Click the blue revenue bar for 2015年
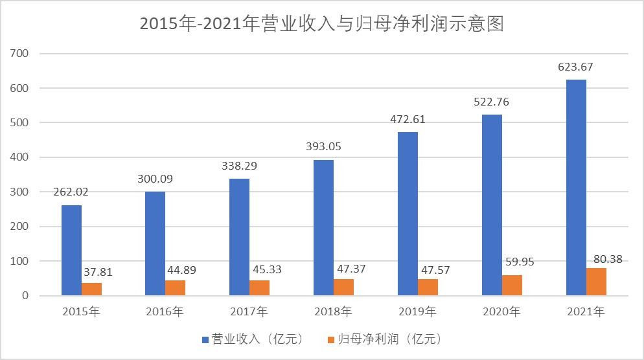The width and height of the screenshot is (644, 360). coord(72,250)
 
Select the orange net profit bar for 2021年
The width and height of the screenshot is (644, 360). coord(595,282)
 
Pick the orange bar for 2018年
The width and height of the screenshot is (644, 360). coord(344,287)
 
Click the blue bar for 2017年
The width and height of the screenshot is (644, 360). coord(240,237)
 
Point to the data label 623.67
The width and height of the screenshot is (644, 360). coord(575,67)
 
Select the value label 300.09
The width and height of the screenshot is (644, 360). coord(155,179)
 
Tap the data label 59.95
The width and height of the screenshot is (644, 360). coord(518,263)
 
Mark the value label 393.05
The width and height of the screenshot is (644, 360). coord(323,146)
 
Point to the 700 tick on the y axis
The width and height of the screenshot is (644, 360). coord(21,54)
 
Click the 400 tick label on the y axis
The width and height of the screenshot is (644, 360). coord(21,157)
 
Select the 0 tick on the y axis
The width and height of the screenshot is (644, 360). coord(26,296)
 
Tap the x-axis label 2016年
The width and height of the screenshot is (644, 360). coord(165,312)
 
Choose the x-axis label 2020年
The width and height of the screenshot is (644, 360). coord(501,312)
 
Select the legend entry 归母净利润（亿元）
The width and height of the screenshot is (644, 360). coord(387,339)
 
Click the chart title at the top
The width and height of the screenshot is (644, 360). coord(321,24)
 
